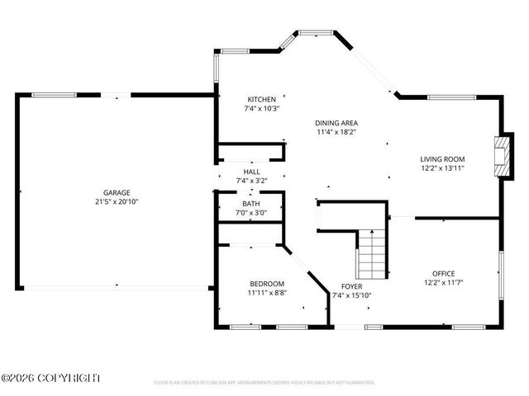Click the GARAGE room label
pos(116,191)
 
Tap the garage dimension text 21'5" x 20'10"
pos(116,200)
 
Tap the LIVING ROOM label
pos(442,158)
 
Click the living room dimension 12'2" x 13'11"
pos(442,167)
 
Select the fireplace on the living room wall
pos(498,154)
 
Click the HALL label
pos(251,172)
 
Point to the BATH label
pos(251,203)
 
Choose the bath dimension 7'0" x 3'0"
pos(251,212)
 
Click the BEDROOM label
pos(267,283)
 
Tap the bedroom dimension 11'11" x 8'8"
pos(267,292)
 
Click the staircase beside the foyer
pos(372,254)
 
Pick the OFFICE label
pos(443,273)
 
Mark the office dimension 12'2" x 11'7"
pos(443,282)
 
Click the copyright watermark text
pos(50,378)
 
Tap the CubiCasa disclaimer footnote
pos(264,383)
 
